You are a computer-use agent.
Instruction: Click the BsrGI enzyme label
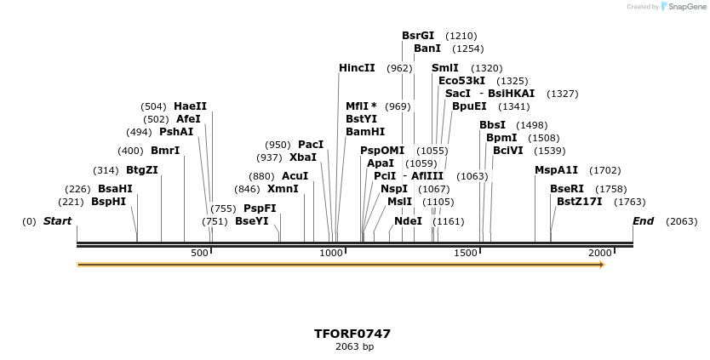click(418, 36)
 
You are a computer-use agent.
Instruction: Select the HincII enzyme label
click(357, 68)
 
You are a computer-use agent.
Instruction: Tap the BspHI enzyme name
click(108, 202)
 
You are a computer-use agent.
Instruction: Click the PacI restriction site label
click(311, 145)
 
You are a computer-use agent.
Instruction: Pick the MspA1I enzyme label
click(556, 170)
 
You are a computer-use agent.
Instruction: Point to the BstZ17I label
click(579, 202)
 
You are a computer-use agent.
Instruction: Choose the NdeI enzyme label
click(408, 221)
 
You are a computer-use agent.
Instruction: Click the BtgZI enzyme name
click(142, 170)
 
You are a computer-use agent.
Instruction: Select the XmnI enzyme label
click(283, 189)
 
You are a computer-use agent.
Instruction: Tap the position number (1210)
click(461, 37)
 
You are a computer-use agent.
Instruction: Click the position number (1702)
click(604, 170)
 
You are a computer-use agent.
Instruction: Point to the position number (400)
click(130, 151)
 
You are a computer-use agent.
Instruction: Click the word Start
click(58, 221)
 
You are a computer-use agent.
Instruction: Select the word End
click(643, 221)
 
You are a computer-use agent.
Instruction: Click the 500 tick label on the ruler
click(199, 254)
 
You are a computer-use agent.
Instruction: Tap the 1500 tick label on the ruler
click(466, 254)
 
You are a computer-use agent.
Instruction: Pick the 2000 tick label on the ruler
click(600, 254)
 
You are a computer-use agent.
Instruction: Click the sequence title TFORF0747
click(352, 334)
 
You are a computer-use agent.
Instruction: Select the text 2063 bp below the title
click(354, 347)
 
